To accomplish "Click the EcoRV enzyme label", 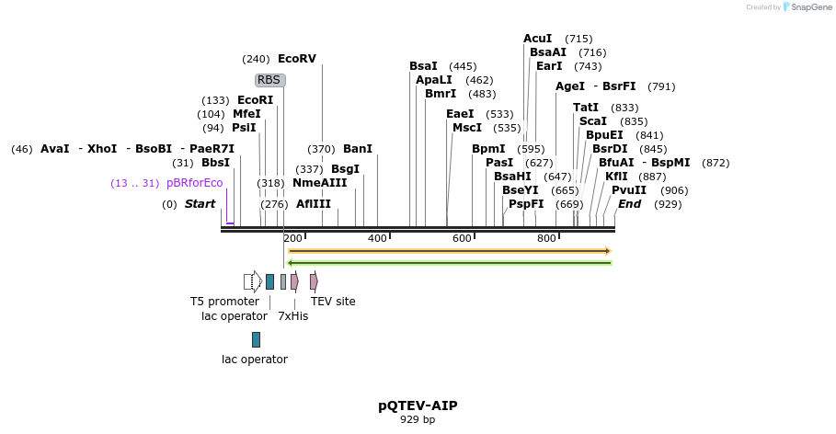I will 296,59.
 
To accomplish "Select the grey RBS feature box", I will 269,80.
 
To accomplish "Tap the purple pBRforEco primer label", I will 194,183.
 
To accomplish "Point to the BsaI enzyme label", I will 423,66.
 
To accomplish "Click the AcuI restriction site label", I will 537,39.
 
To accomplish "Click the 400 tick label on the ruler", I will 377,239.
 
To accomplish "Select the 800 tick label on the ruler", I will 546,239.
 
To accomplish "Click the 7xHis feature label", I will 292,316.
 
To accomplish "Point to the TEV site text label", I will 333,302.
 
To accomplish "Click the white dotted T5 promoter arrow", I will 252,281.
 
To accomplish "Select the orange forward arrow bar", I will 449,250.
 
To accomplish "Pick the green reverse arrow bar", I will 449,263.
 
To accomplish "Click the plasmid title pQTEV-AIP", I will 418,405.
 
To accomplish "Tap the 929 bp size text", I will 418,420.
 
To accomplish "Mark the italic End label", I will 629,204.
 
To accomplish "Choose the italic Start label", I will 200,204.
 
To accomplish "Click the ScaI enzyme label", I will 592,121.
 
